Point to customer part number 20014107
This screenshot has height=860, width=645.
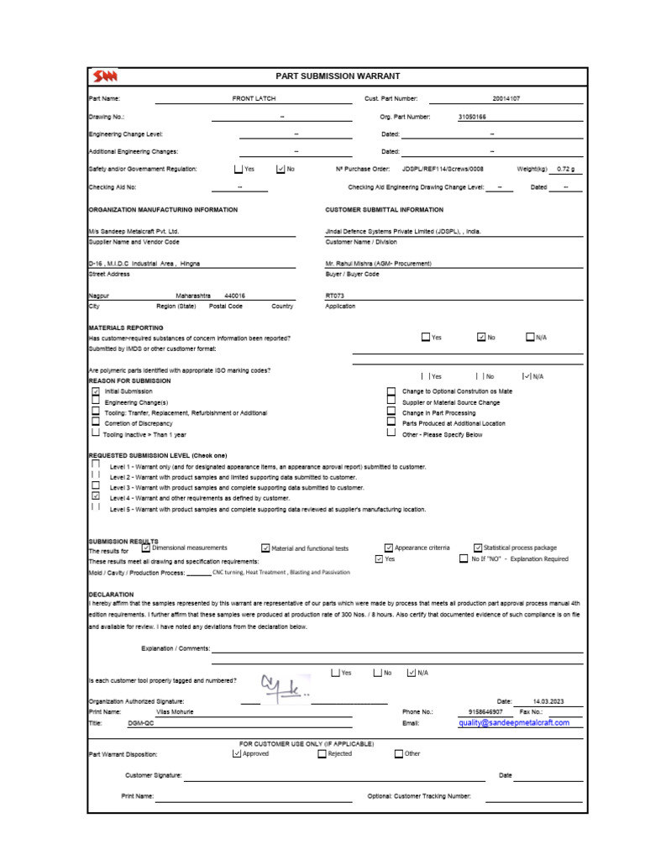coord(506,98)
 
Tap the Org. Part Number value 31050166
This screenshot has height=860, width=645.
coord(471,117)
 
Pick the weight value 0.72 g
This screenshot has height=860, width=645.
coord(567,169)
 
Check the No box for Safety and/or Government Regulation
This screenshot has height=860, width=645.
coord(281,169)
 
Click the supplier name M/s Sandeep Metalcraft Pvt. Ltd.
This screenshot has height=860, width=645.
coord(134,231)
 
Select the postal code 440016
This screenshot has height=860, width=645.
coord(235,296)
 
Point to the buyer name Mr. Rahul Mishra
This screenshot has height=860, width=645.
coord(378,263)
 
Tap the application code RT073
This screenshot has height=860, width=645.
coord(334,296)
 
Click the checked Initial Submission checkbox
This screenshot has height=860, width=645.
coord(95,391)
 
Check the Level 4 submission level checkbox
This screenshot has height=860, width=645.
coord(95,496)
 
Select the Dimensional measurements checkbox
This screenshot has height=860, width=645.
coord(146,548)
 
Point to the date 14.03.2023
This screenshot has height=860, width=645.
coord(548,700)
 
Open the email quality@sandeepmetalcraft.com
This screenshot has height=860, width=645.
coord(513,722)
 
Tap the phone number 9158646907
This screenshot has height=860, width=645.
coord(485,711)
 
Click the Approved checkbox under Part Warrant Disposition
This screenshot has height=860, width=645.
coord(237,753)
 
